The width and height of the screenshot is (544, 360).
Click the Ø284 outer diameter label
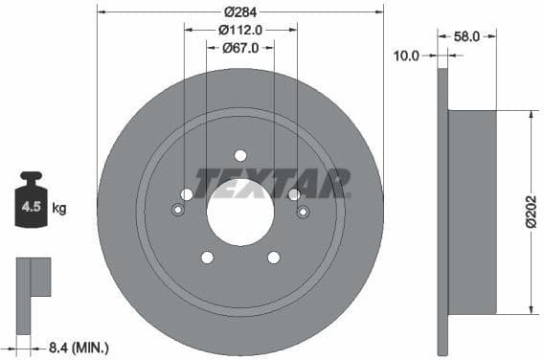tap(240, 12)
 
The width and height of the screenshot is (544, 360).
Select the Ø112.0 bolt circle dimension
tap(240, 31)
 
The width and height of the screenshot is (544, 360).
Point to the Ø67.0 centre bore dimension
tap(240, 49)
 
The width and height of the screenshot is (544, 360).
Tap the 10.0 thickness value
tap(407, 56)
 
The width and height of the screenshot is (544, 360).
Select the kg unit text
tap(59, 207)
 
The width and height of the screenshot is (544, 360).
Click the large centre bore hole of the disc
tap(240, 212)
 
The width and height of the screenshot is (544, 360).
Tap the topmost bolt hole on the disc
tap(240, 155)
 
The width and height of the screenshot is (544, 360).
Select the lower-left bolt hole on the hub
tap(207, 257)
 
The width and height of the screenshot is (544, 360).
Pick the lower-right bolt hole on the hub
tap(274, 257)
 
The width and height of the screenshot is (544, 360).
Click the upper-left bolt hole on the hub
tap(187, 194)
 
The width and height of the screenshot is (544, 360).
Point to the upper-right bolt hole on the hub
tap(294, 194)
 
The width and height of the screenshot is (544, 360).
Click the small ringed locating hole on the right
tap(304, 212)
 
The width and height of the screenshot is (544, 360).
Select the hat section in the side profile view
tap(471, 211)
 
